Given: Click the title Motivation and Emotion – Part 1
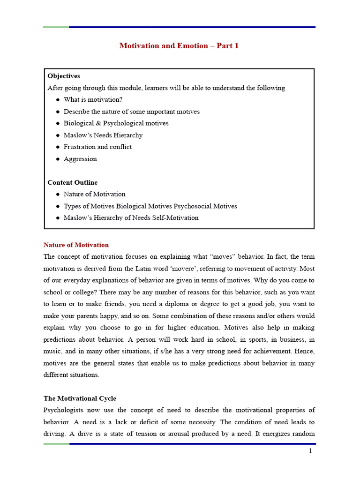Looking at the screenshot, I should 179,46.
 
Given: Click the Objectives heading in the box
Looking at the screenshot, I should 64,76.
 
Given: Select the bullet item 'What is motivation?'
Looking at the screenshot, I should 93,100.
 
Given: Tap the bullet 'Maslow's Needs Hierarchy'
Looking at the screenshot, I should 103,135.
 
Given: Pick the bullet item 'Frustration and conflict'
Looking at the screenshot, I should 97,147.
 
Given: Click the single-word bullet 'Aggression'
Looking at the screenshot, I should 80,159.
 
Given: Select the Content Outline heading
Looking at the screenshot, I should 73,183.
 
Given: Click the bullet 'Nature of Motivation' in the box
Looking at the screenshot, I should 95,195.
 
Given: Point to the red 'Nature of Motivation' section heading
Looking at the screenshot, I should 76,245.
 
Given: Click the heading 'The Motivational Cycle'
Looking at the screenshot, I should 80,399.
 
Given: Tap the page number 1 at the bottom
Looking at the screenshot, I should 310,451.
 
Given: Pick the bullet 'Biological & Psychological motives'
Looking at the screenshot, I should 116,123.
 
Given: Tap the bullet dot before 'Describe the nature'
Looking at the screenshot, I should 58,112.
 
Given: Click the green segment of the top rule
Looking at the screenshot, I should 56,27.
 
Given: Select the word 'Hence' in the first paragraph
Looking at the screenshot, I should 305,352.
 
